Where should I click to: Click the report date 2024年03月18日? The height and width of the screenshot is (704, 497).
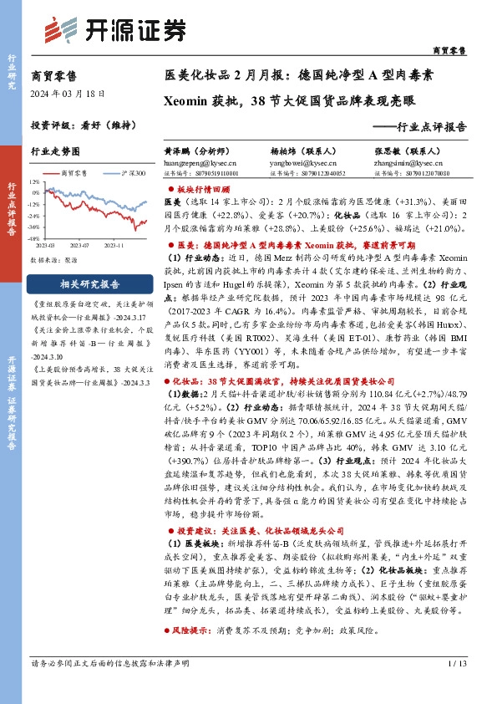point(63,93)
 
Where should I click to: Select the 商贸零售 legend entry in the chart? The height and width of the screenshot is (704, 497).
point(73,173)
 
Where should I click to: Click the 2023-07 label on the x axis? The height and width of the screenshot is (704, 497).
point(79,246)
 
